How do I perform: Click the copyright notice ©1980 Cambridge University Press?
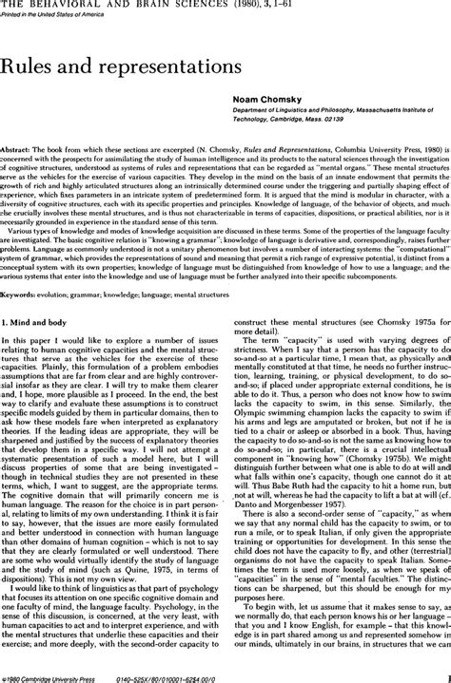point(52,676)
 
